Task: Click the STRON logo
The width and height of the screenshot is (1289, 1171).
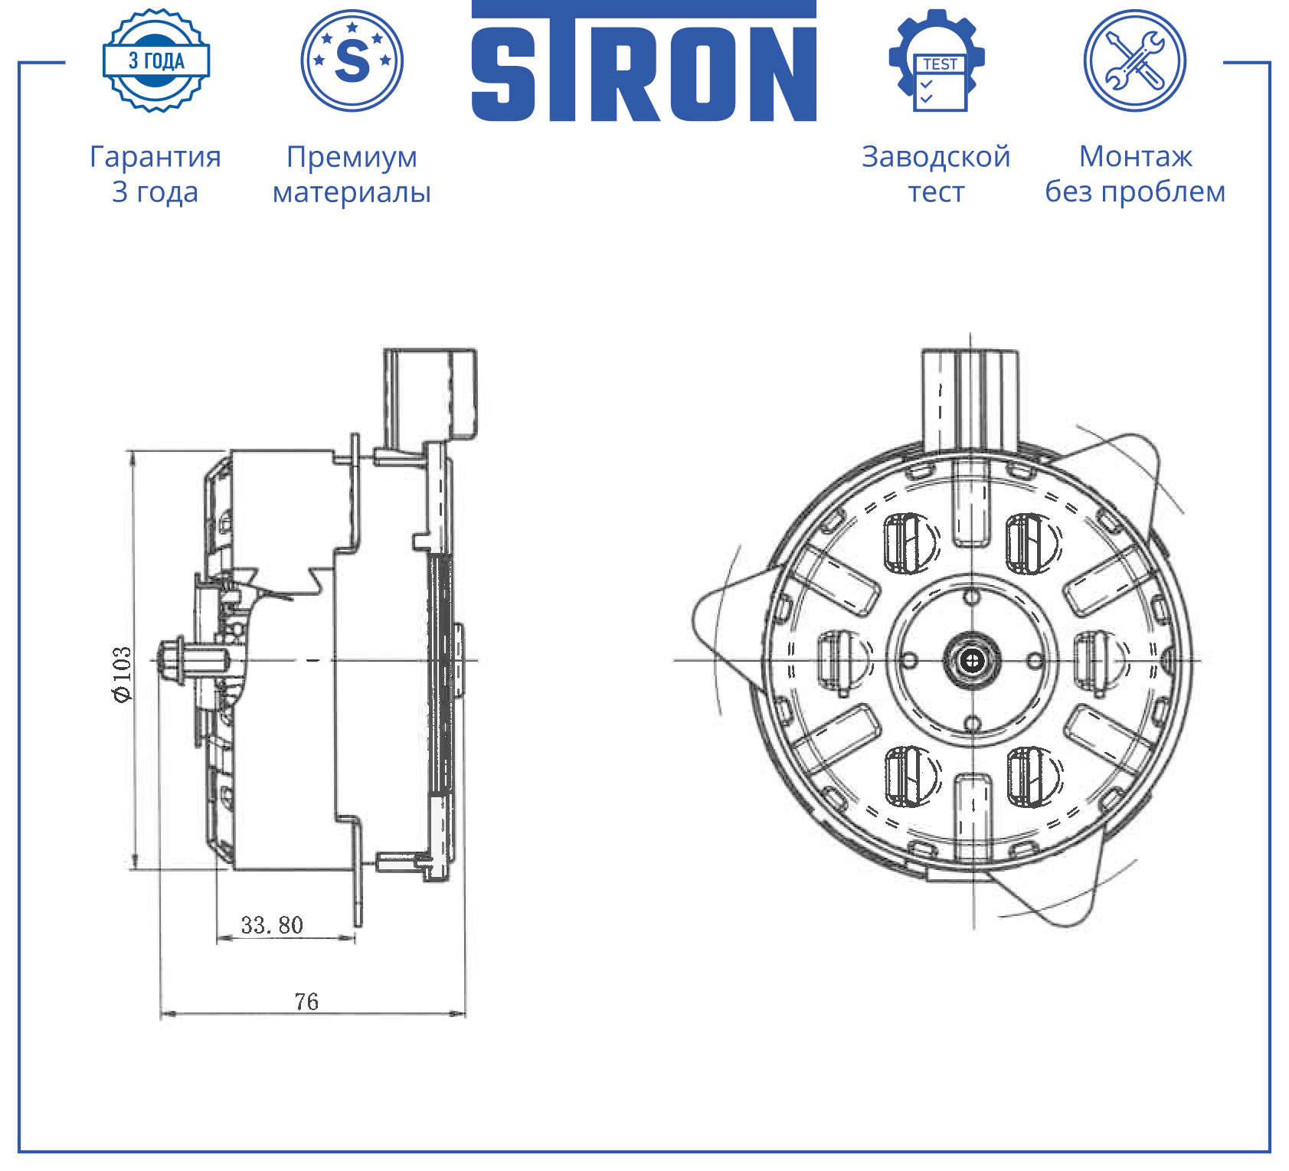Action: [x=643, y=61]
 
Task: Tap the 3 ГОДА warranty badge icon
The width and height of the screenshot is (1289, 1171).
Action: [x=156, y=61]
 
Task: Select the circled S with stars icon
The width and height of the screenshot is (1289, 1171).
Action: [x=352, y=61]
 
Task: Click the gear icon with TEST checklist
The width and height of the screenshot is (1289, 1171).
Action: [x=937, y=61]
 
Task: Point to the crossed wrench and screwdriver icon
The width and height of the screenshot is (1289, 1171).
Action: [x=1135, y=61]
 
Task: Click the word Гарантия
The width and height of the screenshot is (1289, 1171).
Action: [x=155, y=157]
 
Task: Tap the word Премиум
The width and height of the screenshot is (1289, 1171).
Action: [x=352, y=157]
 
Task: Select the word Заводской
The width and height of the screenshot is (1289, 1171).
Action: [x=936, y=157]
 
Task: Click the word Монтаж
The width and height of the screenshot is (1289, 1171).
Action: [x=1136, y=156]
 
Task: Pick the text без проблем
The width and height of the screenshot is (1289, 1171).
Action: [x=1135, y=191]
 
